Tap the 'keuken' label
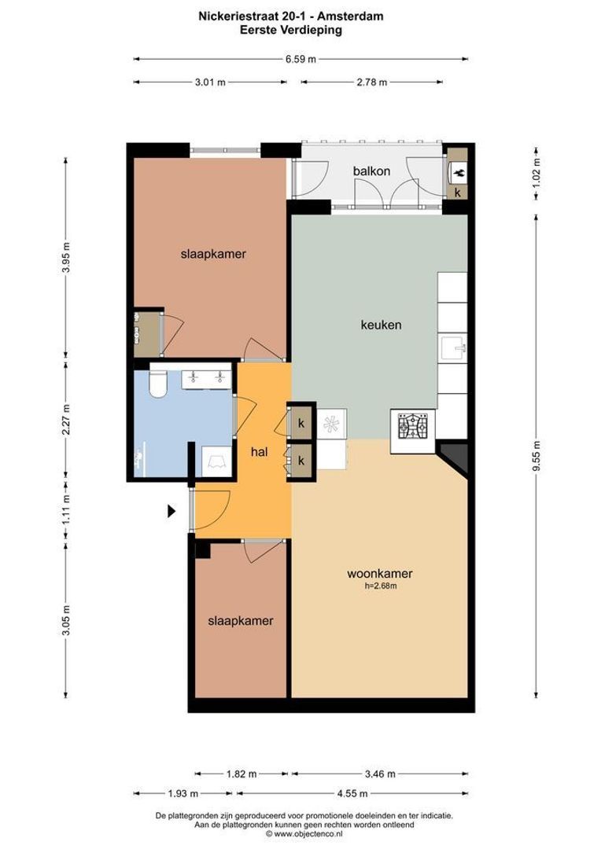(x=381, y=324)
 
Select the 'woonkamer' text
(x=380, y=574)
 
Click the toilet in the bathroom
(x=157, y=383)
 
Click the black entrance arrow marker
(x=171, y=511)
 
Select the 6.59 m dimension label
(x=300, y=58)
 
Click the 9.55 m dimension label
(x=536, y=454)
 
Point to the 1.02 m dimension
(x=536, y=171)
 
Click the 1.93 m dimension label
(x=183, y=793)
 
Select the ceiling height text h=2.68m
(x=380, y=586)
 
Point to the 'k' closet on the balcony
(x=457, y=191)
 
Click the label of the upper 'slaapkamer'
(x=213, y=254)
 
